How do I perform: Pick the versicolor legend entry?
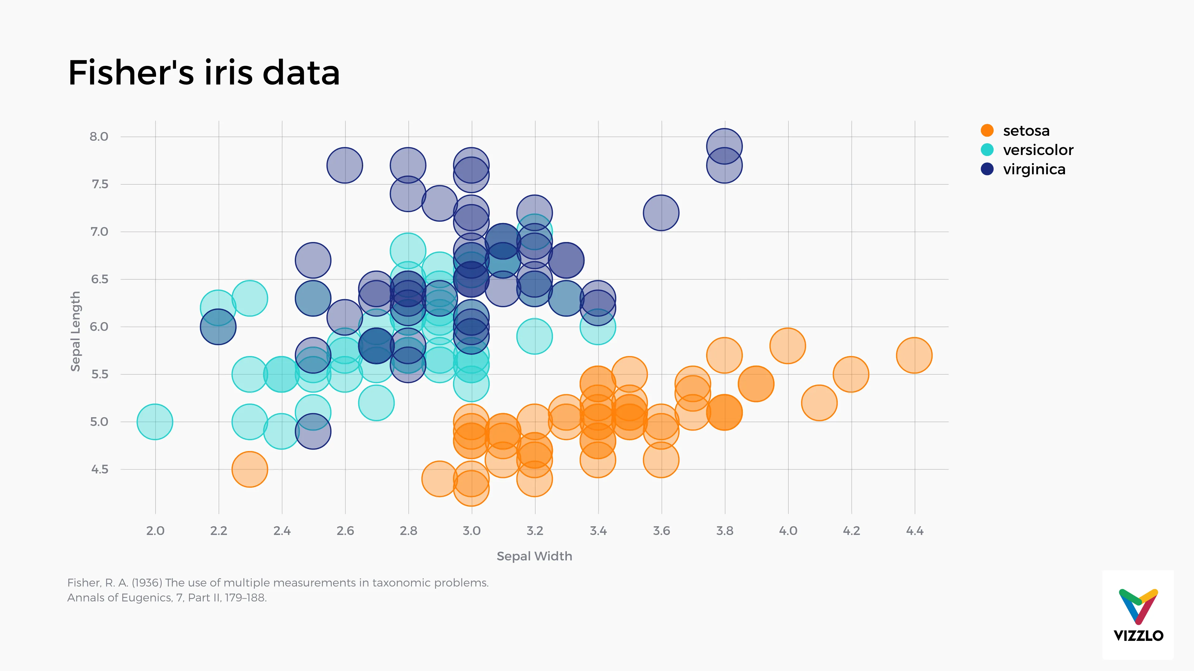click(x=1037, y=150)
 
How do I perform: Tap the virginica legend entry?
click(x=1034, y=170)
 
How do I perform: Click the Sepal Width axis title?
click(x=534, y=556)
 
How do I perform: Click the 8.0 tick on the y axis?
click(x=99, y=137)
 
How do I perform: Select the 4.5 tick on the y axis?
click(x=99, y=469)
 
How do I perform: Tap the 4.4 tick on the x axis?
click(x=914, y=531)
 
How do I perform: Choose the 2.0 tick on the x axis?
click(x=155, y=531)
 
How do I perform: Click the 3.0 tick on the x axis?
click(x=471, y=531)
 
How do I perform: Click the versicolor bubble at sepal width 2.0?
click(x=155, y=422)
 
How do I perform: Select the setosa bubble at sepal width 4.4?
click(x=914, y=355)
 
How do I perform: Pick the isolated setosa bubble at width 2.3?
click(x=250, y=469)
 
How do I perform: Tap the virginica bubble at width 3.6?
click(x=661, y=212)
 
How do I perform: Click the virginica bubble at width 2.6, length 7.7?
click(x=345, y=165)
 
